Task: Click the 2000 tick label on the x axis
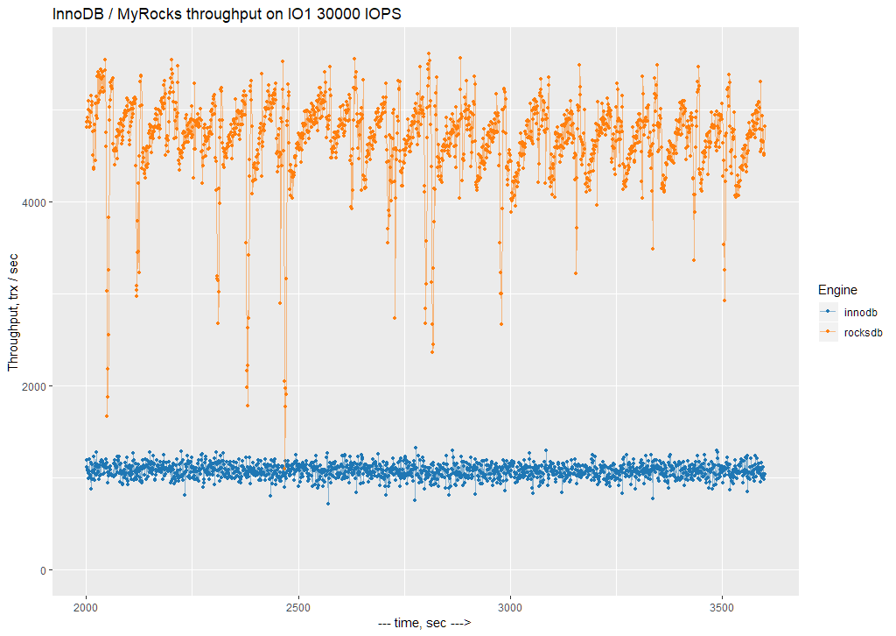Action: (x=86, y=605)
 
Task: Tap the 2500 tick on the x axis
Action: (x=298, y=605)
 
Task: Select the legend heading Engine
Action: (x=836, y=289)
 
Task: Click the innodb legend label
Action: (x=860, y=312)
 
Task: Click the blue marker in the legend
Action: (x=828, y=312)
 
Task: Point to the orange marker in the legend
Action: (x=828, y=333)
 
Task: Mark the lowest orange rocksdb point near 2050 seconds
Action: (x=107, y=416)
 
